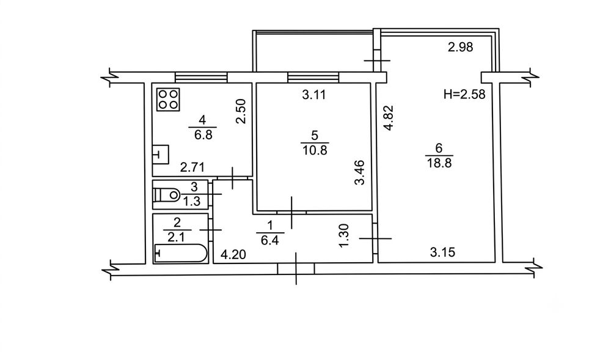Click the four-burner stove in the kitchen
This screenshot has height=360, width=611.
[169, 100]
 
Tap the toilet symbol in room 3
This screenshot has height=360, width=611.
[167, 195]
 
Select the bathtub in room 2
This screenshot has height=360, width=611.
[181, 253]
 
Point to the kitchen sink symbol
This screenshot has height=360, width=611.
[161, 155]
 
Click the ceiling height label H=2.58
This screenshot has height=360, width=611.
[464, 94]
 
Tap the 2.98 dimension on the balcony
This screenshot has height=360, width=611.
[460, 47]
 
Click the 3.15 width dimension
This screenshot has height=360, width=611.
[442, 252]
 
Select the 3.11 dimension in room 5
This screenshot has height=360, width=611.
[313, 95]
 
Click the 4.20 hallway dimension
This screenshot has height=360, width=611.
[233, 255]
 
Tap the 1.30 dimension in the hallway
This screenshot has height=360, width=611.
[344, 235]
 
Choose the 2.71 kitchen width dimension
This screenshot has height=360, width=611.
[192, 167]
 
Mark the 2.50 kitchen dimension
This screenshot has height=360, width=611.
[241, 111]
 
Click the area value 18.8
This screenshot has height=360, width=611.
[439, 163]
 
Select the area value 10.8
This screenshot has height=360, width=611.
[315, 150]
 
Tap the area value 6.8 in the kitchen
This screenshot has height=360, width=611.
[203, 135]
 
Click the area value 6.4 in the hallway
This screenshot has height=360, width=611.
[269, 240]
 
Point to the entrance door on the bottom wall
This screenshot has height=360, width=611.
[296, 269]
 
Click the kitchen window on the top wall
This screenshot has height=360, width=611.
[201, 77]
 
